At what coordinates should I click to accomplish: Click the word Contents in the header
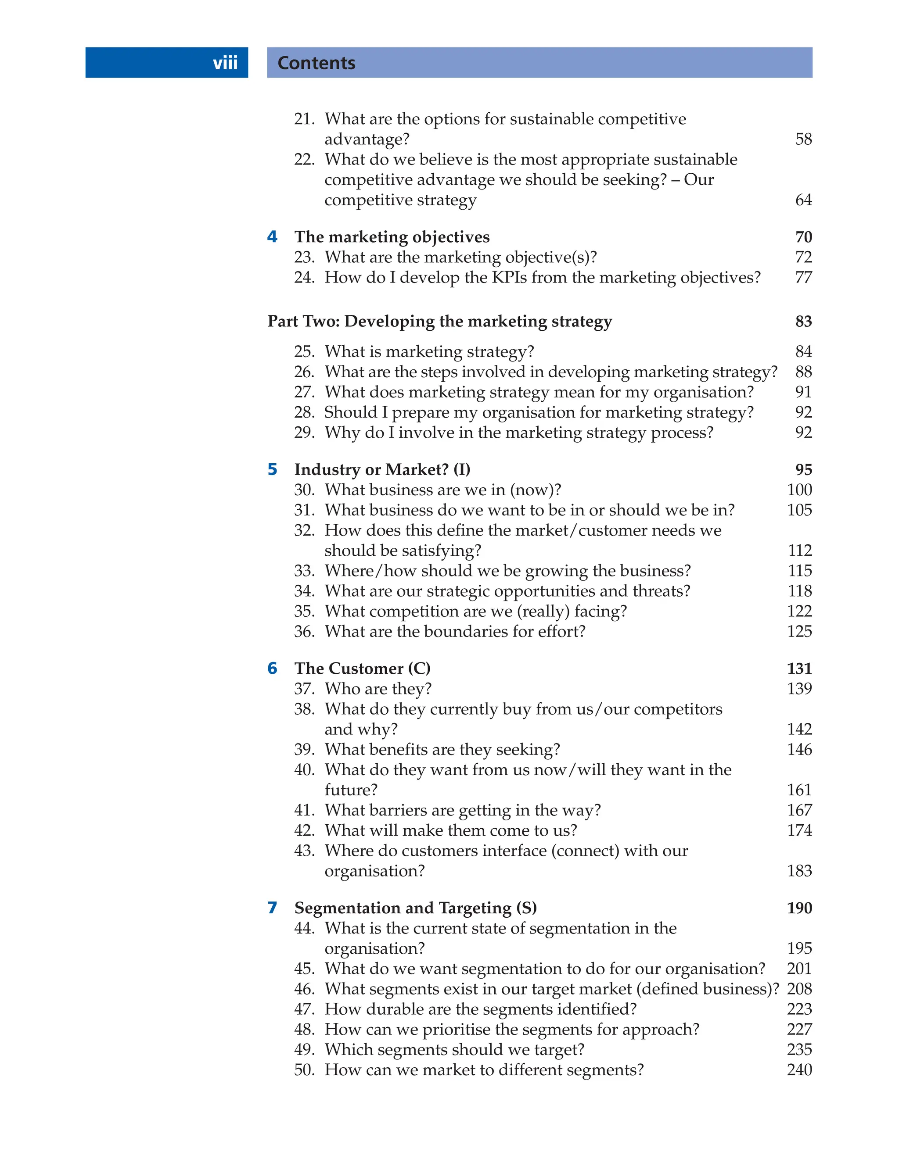coord(316,63)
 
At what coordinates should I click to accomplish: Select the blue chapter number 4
coord(273,236)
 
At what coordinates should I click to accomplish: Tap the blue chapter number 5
coord(273,469)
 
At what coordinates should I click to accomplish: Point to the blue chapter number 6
coord(273,668)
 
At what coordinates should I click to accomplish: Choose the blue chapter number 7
coord(273,908)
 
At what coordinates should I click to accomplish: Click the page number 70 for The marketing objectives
coord(803,237)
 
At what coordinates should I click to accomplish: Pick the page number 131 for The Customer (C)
coord(799,669)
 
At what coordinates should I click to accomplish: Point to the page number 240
coord(799,1070)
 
